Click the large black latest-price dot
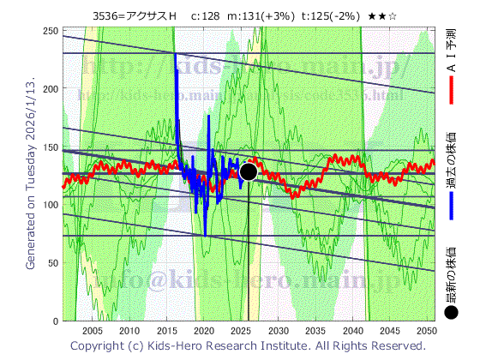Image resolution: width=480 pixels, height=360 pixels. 249,171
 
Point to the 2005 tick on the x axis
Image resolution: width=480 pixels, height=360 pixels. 93,331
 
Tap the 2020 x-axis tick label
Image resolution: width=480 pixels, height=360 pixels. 204,331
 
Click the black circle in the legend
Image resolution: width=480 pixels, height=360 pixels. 451,313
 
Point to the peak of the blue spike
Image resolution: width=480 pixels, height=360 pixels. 176,55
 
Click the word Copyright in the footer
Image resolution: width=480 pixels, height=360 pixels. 99,345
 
